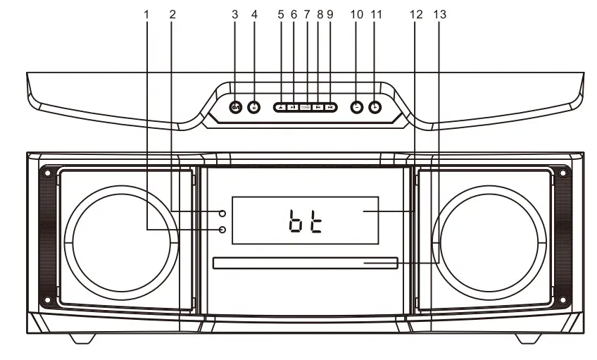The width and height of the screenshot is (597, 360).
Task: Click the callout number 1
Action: [x=147, y=14]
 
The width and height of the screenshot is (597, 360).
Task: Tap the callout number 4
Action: [x=254, y=14]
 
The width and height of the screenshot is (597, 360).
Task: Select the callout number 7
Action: [x=306, y=14]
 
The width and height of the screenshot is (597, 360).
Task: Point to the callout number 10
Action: [x=356, y=14]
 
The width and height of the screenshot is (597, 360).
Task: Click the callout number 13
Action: [x=441, y=14]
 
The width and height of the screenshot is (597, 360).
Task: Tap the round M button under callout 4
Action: [x=254, y=107]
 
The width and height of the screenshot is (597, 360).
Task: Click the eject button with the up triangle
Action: [x=281, y=107]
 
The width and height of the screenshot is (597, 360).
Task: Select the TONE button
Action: [x=306, y=107]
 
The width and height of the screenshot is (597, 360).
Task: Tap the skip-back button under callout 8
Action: [x=319, y=107]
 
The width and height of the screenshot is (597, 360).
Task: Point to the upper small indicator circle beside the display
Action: [x=222, y=213]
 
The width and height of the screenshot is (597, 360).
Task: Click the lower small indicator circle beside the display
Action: [x=222, y=230]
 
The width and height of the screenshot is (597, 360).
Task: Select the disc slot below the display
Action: [x=304, y=263]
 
